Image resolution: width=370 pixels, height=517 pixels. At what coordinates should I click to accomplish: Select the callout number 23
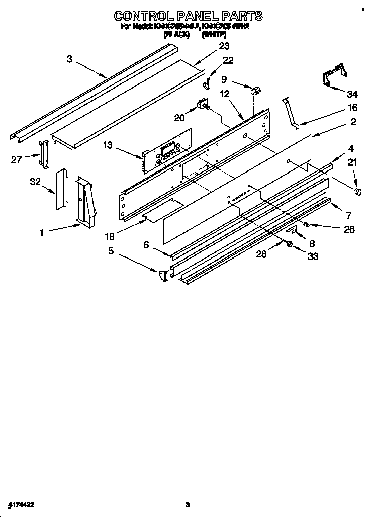pos(224,46)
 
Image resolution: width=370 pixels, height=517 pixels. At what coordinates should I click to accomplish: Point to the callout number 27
pos(17,160)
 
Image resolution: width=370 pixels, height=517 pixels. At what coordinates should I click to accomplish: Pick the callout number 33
pos(313,256)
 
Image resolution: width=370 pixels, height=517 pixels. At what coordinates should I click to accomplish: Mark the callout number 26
pos(349,229)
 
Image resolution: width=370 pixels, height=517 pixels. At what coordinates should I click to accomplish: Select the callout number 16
pos(353,107)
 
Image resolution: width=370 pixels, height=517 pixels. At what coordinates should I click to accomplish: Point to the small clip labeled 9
pos(255,91)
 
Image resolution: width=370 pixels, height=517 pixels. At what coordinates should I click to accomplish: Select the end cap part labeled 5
pos(162,276)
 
